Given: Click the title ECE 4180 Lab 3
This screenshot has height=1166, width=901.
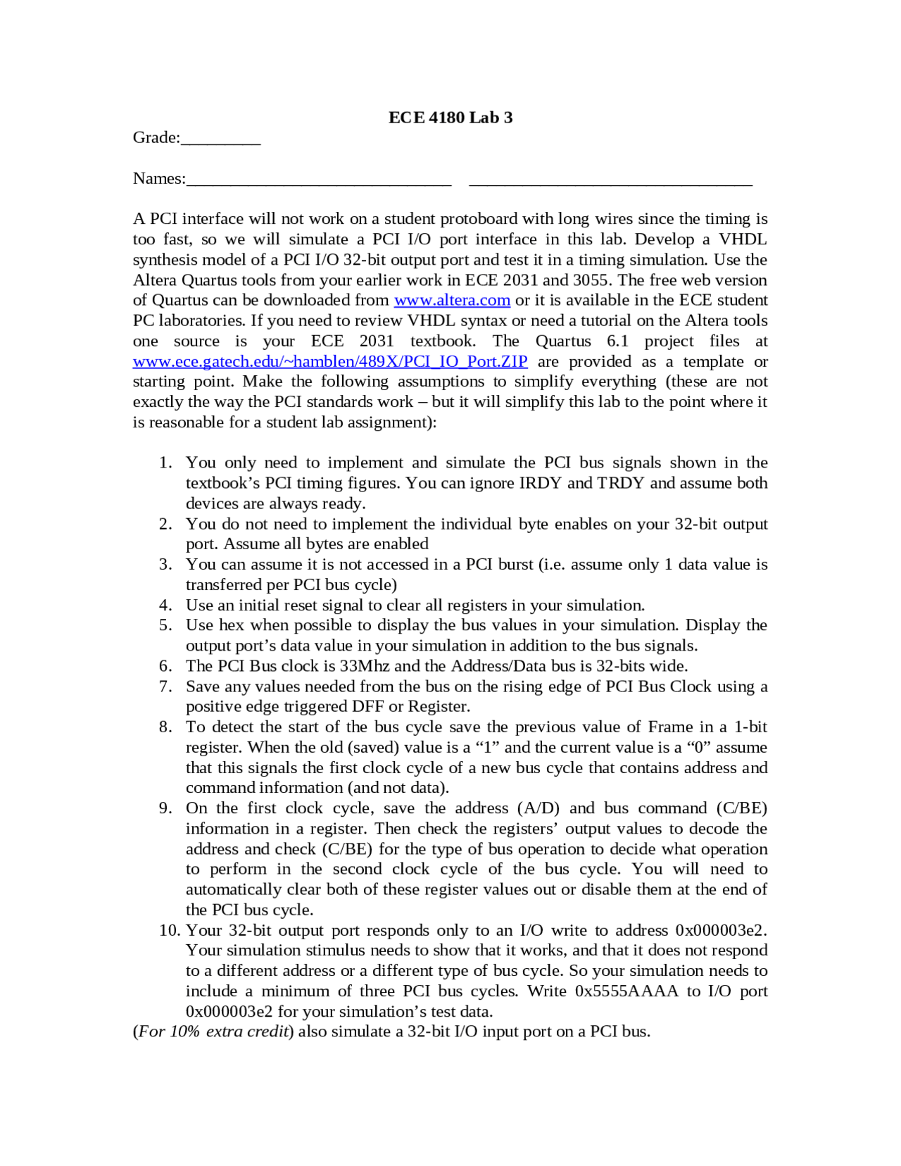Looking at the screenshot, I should [x=450, y=118].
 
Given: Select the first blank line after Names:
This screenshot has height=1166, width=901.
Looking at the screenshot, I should [x=319, y=180].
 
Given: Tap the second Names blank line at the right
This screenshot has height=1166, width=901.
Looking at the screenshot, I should [x=610, y=180].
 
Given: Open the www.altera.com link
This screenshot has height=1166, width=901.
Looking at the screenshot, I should [x=452, y=300].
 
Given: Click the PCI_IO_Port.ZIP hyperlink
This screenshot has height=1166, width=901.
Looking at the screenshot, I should [x=330, y=361].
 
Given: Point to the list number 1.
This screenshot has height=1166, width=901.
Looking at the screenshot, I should [x=165, y=463].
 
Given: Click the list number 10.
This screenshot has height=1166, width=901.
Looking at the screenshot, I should [x=169, y=930].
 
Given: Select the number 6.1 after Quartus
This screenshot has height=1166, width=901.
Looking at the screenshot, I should [x=617, y=341].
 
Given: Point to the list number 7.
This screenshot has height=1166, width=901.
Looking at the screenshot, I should [x=165, y=687].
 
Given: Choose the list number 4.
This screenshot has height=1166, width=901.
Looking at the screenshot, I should [x=165, y=606].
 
